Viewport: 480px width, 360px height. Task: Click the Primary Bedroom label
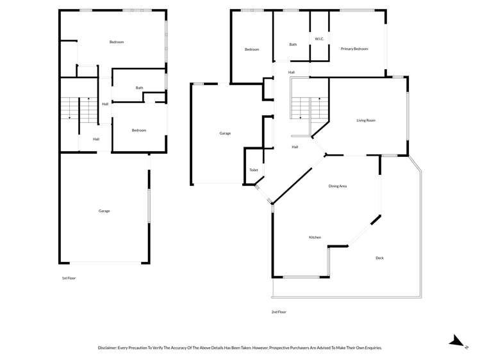[x=354, y=49]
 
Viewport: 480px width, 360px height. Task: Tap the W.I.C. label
[x=319, y=39]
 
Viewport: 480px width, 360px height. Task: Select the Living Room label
[x=366, y=120]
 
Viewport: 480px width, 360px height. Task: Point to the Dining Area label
[x=338, y=186]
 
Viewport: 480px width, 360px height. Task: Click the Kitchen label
[x=315, y=238]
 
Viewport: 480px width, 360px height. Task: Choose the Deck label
[x=379, y=258]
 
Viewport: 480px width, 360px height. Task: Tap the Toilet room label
[x=253, y=170]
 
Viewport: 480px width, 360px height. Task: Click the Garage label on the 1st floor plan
[x=104, y=211]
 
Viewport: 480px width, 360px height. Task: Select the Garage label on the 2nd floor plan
[x=225, y=133]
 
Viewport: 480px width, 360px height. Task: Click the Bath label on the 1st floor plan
[x=139, y=88]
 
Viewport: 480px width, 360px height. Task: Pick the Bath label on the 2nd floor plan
[x=293, y=45]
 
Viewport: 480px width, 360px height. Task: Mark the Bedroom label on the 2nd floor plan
[x=252, y=49]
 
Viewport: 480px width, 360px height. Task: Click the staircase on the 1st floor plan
[x=69, y=110]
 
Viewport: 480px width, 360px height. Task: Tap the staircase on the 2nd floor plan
[x=301, y=108]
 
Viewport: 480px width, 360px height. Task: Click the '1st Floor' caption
[x=69, y=278]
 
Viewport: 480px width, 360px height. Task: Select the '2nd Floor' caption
[x=279, y=312]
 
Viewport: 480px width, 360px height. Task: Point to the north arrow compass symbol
[x=456, y=341]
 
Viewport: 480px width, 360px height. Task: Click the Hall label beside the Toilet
[x=295, y=147]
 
